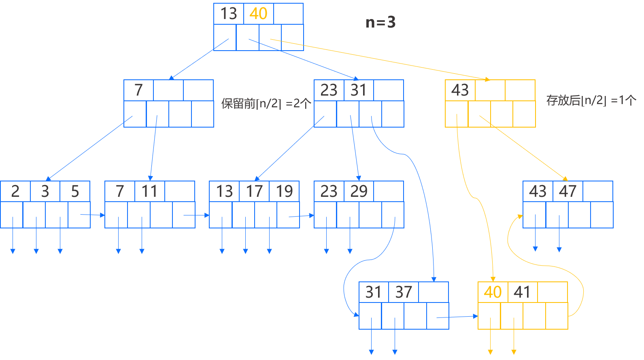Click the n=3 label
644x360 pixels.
click(x=380, y=22)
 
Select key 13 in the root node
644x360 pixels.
click(x=228, y=14)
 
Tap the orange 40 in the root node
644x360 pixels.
click(x=258, y=14)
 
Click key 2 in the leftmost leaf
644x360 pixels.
click(x=15, y=191)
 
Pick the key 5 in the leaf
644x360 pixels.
click(x=75, y=191)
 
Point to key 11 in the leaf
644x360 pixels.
click(x=149, y=191)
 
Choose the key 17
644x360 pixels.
click(x=254, y=191)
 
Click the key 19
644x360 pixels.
click(x=284, y=191)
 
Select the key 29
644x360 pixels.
click(x=359, y=191)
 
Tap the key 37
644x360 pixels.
click(x=404, y=292)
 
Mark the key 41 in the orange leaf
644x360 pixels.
click(x=522, y=292)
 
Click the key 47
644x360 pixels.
click(x=567, y=191)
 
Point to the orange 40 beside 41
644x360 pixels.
click(x=493, y=292)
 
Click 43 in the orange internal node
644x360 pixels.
click(x=460, y=90)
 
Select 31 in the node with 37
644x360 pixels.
click(x=373, y=292)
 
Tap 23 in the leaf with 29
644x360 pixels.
click(x=329, y=191)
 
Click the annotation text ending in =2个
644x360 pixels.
click(x=266, y=104)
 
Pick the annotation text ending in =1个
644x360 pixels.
click(x=591, y=100)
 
